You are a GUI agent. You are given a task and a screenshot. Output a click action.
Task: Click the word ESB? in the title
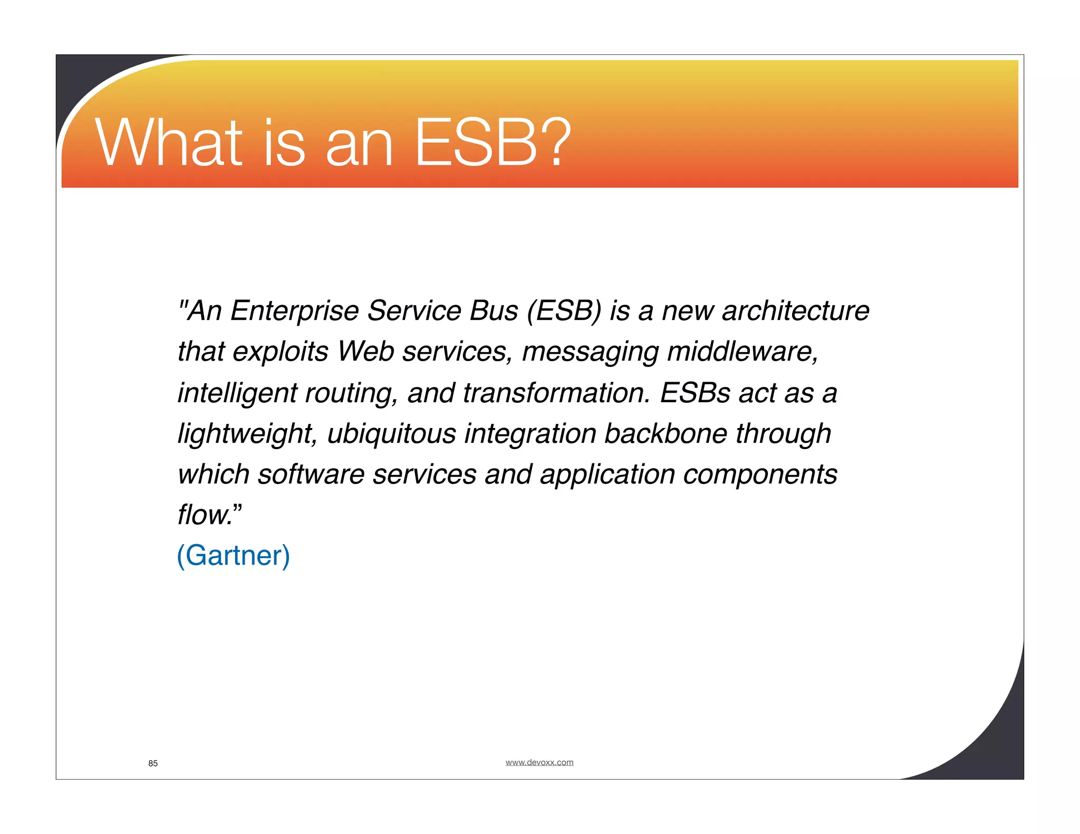(x=493, y=143)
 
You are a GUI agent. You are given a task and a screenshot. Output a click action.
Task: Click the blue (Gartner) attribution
(x=233, y=556)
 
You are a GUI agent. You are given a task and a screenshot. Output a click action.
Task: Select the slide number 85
(x=153, y=763)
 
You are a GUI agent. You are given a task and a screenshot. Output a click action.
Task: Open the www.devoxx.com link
(x=539, y=762)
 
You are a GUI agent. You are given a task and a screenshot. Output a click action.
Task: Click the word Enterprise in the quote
(x=294, y=311)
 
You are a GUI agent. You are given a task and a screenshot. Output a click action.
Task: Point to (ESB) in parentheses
(x=563, y=311)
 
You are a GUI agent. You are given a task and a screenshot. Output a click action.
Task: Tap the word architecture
(x=795, y=311)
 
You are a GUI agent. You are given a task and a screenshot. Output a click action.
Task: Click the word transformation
(x=556, y=393)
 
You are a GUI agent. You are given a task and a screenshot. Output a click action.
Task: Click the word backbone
(x=665, y=433)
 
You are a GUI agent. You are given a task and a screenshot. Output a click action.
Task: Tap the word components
(x=760, y=475)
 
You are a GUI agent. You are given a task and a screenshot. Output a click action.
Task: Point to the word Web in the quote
(x=365, y=352)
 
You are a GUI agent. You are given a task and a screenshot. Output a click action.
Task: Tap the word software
(x=311, y=474)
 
